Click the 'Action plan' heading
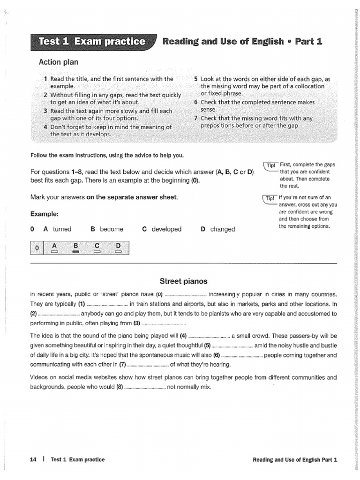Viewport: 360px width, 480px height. [59, 62]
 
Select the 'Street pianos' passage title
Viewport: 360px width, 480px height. [183, 281]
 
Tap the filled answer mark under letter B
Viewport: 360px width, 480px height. [75, 252]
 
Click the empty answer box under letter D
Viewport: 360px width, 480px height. [118, 252]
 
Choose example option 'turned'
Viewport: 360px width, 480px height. [62, 229]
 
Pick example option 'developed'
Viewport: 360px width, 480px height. [166, 229]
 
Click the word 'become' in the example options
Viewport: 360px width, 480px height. [112, 229]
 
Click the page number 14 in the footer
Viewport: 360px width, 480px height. [33, 460]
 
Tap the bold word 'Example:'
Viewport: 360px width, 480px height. [45, 214]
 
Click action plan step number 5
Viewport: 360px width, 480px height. [196, 79]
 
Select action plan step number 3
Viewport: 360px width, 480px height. [45, 111]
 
